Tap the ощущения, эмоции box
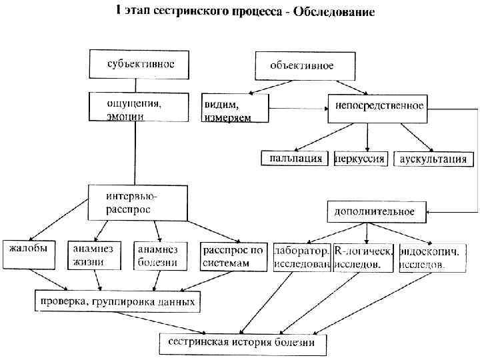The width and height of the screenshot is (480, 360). pos(135,108)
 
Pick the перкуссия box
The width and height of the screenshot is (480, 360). pos(361,159)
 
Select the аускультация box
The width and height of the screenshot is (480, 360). pos(434,159)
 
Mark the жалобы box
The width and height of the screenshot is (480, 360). pos(29,254)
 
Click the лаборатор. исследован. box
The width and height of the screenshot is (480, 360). pos(302,257)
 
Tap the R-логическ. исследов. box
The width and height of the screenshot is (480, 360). pos(363,257)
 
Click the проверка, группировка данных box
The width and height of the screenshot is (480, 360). pos(117,301)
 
